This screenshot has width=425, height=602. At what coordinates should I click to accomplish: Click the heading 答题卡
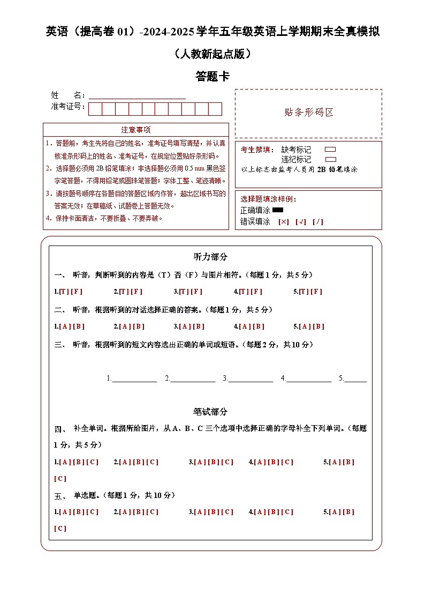pos(212,77)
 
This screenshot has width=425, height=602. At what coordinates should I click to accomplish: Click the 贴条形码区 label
pos(309,113)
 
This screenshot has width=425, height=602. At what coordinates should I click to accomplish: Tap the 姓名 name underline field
pos(137,96)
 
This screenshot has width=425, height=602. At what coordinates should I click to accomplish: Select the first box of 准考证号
pos(95,109)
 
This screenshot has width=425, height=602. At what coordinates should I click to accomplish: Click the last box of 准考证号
pos(215,109)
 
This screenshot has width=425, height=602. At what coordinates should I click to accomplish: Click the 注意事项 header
pos(136,130)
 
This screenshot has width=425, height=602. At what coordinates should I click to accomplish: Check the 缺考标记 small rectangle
pos(330,150)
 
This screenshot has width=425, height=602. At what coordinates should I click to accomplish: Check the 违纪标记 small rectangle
pos(330,159)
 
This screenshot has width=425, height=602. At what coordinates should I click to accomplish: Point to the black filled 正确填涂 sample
pos(277,210)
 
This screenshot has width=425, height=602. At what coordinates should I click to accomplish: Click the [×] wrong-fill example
pos(284,222)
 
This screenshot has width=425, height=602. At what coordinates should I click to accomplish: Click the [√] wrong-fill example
pos(301,222)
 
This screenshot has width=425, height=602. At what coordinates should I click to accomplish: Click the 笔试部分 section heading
pos(210,412)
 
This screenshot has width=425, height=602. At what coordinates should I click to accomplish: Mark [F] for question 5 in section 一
pos(317,292)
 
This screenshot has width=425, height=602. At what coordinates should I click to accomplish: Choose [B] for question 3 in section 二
pos(199,326)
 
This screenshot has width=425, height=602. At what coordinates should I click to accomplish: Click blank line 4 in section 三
pos(309,378)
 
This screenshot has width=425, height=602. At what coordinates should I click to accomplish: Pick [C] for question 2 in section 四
pos(152,462)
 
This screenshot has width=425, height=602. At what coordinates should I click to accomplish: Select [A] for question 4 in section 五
pos(260,512)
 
